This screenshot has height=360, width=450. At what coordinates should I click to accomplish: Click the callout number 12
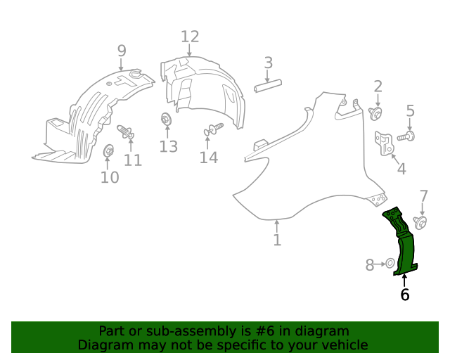coord(190,37)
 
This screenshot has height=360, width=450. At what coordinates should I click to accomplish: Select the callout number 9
coord(122,51)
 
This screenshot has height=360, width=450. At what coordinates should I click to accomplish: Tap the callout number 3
coord(268,63)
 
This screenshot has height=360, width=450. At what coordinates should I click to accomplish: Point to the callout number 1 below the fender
coord(277,240)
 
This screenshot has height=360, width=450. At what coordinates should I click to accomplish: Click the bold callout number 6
coord(404,295)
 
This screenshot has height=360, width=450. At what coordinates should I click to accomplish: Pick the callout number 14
coord(208,157)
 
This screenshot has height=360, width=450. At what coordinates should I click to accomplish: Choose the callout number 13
coord(168,146)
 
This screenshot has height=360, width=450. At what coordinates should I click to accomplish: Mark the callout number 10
coord(110,176)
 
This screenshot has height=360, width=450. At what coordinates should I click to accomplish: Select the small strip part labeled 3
coord(268,85)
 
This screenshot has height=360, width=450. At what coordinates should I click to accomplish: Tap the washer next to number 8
coord(389,264)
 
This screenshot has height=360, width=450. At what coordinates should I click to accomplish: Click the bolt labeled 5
coord(407,136)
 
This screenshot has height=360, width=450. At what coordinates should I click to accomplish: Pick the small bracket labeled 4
coord(385,143)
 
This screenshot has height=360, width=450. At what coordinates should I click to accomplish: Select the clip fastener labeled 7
coord(420,223)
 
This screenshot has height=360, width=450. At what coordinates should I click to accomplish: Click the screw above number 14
coord(213,129)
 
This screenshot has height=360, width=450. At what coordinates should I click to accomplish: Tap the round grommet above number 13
coord(167,118)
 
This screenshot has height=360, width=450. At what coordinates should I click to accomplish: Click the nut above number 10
coord(109,151)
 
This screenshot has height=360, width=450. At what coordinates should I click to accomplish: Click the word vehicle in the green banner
coord(342,345)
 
